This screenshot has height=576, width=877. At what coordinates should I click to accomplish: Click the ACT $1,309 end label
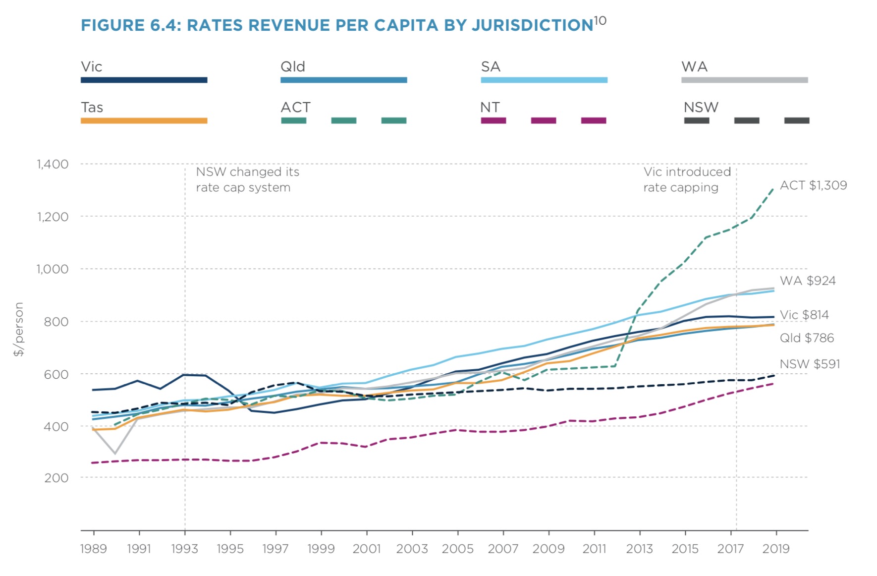[x=813, y=185]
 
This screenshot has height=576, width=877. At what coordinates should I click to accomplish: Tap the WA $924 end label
[x=808, y=281]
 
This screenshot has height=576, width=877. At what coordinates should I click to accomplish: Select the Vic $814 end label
[x=804, y=315]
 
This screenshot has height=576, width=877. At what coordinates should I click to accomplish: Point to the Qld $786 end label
[x=807, y=338]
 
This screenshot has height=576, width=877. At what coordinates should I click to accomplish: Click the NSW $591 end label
[x=810, y=364]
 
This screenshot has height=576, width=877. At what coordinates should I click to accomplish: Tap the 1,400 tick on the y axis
[x=53, y=164]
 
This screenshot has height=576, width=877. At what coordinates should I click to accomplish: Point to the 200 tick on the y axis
[x=56, y=478]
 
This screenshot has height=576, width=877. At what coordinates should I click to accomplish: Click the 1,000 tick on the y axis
[x=53, y=269]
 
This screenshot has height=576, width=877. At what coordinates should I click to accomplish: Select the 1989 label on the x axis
[x=94, y=549]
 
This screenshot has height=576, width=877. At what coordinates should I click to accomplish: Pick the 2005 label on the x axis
[x=457, y=549]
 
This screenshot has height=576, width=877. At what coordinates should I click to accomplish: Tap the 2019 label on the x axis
[x=775, y=549]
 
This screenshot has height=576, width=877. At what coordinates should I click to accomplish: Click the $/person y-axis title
[x=19, y=329]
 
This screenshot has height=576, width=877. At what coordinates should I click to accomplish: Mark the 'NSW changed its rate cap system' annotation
[x=247, y=179]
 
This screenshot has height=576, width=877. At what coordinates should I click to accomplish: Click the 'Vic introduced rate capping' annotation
[x=687, y=179]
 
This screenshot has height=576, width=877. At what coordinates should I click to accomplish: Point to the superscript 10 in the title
[x=600, y=21]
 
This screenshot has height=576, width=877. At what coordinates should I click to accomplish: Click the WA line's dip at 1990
[x=115, y=453]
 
